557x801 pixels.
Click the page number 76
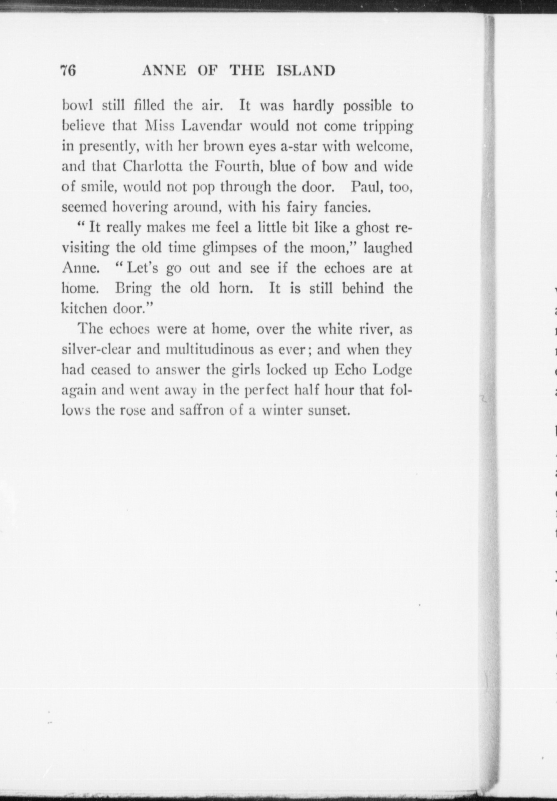tap(68, 71)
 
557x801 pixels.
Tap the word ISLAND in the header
tap(306, 71)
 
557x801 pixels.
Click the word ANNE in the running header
tap(163, 71)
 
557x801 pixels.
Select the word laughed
tap(388, 248)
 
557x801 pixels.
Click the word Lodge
tap(392, 370)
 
